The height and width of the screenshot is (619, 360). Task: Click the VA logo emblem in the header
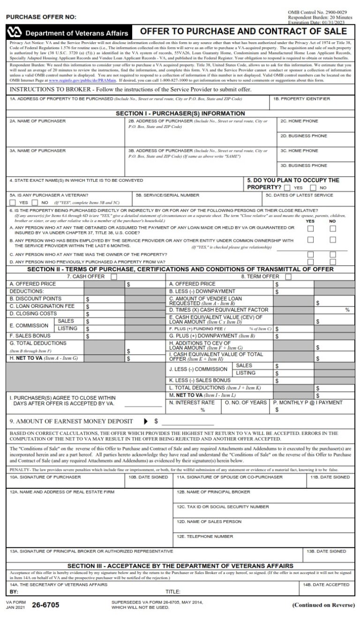(15, 33)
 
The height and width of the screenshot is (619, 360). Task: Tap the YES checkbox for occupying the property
(287, 187)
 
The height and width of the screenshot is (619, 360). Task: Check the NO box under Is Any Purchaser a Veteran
(35, 202)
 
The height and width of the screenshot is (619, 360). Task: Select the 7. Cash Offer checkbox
(114, 277)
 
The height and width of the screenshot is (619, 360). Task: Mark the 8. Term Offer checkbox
(288, 277)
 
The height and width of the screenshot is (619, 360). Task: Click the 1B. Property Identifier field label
(302, 99)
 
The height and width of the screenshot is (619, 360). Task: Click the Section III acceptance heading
(180, 566)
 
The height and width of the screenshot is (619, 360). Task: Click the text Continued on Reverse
(323, 605)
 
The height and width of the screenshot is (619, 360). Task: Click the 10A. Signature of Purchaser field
(66, 482)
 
